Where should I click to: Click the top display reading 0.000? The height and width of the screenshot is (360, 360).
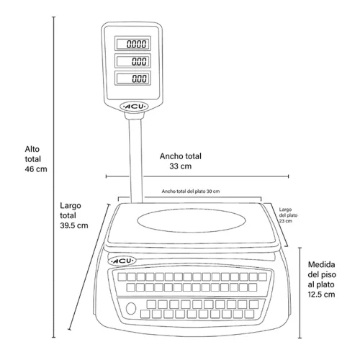click(132, 43)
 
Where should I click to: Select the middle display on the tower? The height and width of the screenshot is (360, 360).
click(132, 60)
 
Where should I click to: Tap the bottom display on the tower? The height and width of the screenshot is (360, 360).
click(132, 78)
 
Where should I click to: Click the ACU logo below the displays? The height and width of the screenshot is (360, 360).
click(134, 107)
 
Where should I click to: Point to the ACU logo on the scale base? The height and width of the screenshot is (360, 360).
click(122, 261)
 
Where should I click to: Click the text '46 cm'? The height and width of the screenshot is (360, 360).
click(36, 169)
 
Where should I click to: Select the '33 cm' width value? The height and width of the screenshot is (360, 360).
click(181, 166)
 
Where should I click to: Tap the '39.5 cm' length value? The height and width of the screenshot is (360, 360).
click(74, 225)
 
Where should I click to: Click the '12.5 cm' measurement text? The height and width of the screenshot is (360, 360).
click(321, 294)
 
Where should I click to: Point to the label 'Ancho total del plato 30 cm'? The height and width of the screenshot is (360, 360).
click(191, 192)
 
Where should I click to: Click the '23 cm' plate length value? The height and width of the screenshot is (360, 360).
click(286, 221)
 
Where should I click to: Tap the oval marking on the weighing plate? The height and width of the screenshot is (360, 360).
click(192, 220)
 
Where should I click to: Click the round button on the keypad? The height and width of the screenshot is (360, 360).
click(131, 308)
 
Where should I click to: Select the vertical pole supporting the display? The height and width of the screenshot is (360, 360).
click(136, 161)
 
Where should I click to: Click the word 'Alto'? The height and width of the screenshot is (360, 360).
click(32, 149)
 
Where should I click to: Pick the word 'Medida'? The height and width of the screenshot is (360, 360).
click(322, 264)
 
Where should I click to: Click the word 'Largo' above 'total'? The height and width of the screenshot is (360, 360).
click(71, 206)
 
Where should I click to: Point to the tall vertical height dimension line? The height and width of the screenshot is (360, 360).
click(54, 177)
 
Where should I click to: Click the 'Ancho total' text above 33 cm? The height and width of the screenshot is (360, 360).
click(181, 156)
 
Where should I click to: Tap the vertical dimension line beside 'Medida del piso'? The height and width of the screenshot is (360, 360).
click(300, 293)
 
